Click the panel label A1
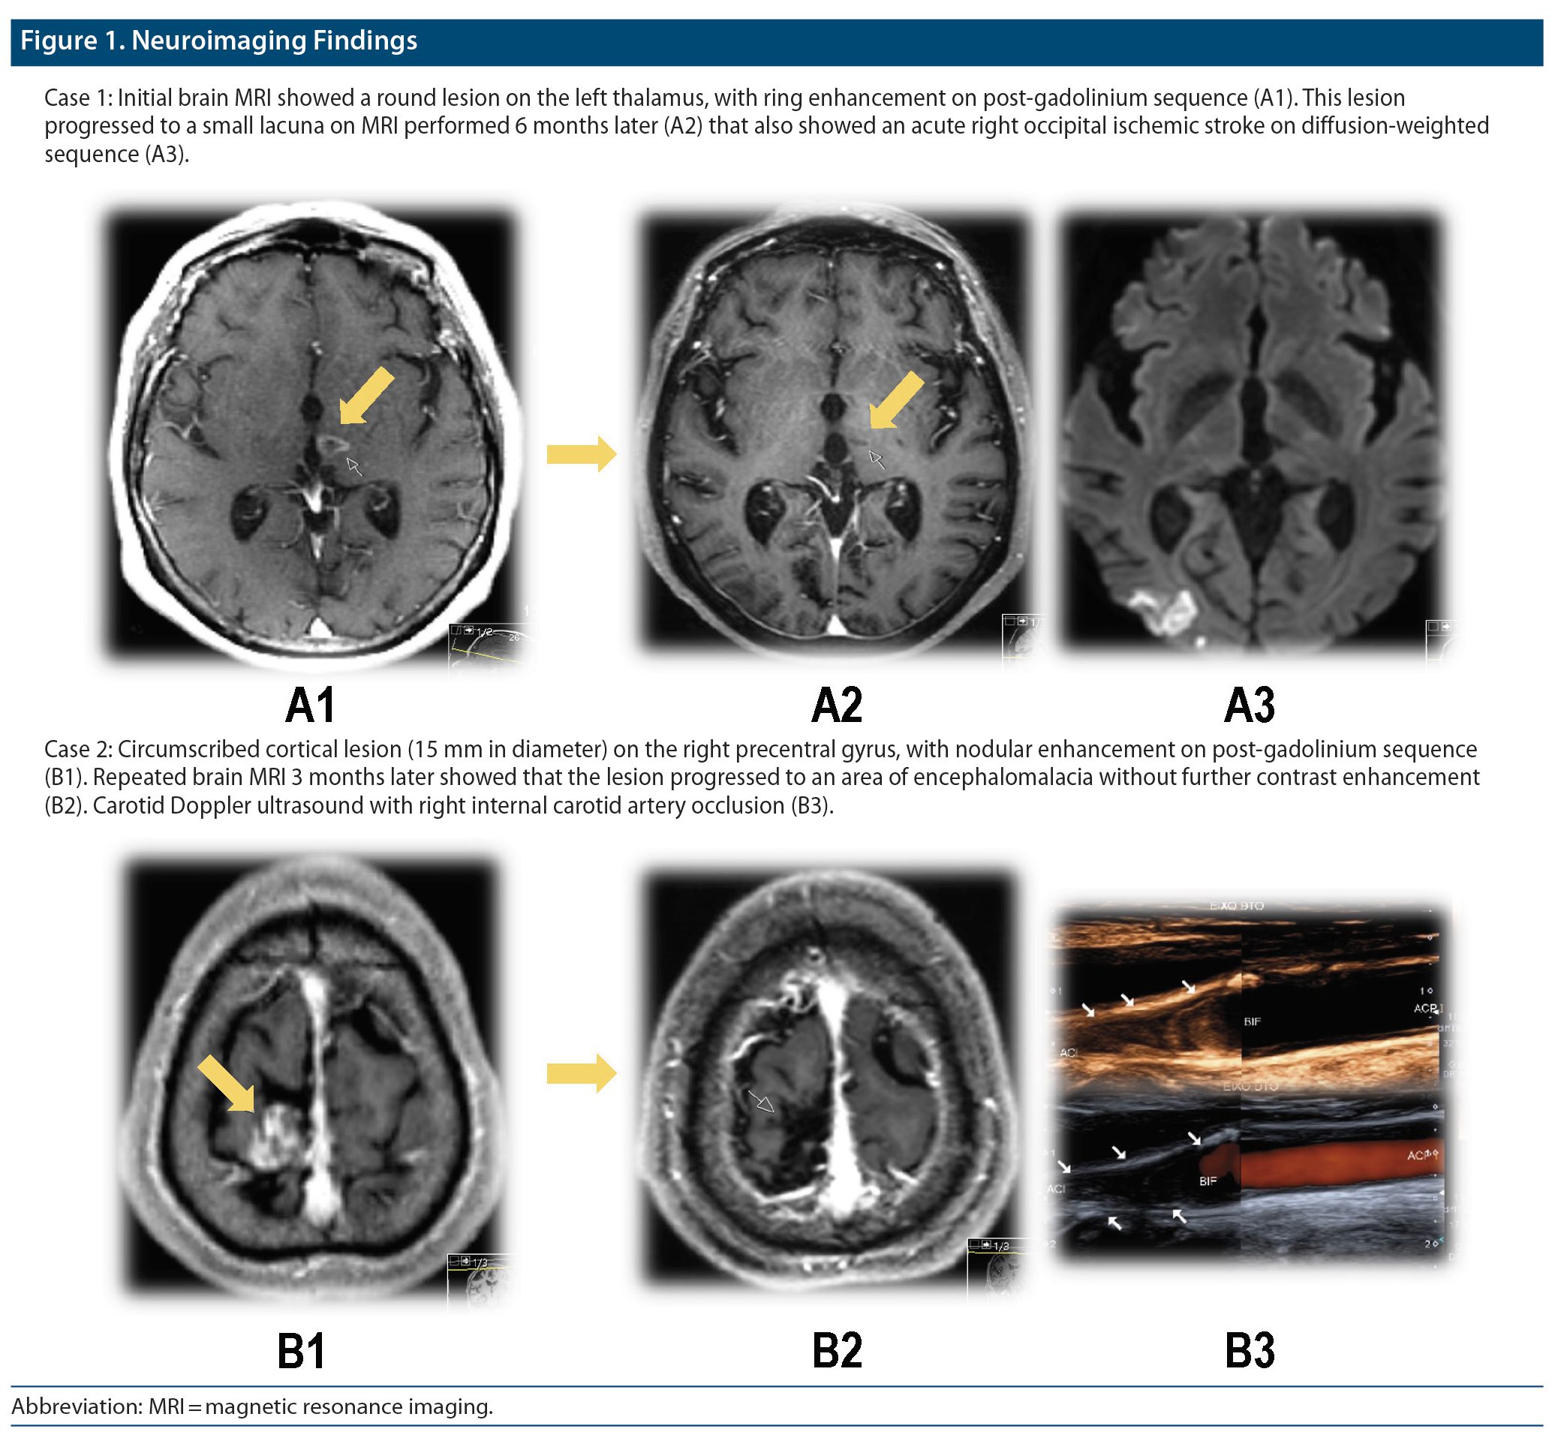[x=310, y=705]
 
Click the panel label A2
[x=837, y=705]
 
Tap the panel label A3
[x=1249, y=705]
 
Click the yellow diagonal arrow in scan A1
[x=365, y=396]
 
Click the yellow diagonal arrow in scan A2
[x=896, y=400]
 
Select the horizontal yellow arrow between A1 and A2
[x=581, y=453]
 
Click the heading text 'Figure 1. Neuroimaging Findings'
[x=218, y=41]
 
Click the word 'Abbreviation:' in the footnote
[x=77, y=1406]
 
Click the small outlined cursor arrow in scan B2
[x=761, y=1101]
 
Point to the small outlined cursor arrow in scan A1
[x=355, y=467]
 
